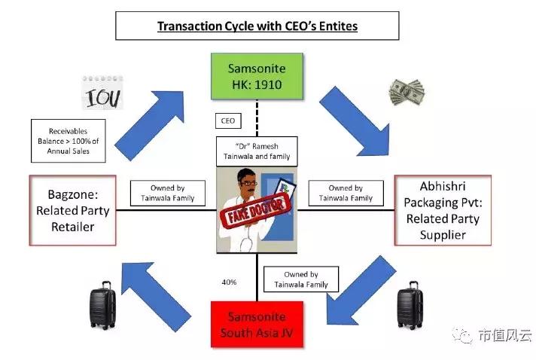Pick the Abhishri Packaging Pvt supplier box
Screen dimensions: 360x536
tap(443, 210)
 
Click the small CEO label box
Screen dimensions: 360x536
tap(227, 121)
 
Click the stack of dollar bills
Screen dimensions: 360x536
tap(407, 92)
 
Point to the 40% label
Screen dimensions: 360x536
tap(230, 282)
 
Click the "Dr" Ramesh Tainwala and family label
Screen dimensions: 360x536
tap(256, 150)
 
